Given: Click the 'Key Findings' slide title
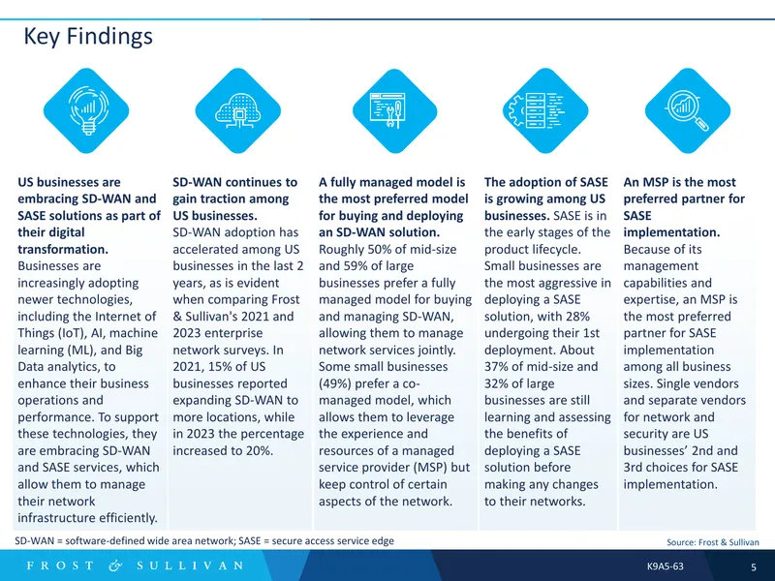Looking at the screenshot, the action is point(88,37).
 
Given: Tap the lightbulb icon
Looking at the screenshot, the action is point(87,110).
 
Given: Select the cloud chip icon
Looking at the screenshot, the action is point(238,110).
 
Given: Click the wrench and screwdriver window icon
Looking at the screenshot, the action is point(388,110).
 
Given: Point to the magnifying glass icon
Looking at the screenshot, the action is point(688,110).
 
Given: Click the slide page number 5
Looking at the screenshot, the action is point(754,566).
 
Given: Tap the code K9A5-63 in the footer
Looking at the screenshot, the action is point(666,566).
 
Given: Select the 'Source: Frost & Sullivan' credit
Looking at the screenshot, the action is point(713,542).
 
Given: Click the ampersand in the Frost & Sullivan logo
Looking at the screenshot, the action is point(115,566).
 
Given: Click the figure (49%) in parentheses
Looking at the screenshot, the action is point(334,383).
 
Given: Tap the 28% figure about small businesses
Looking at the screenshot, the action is point(576,317).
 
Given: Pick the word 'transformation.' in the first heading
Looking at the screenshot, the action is point(63,249).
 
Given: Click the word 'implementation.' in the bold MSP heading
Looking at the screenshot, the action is point(671,232).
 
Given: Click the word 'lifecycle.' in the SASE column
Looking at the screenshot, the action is point(556,249).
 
